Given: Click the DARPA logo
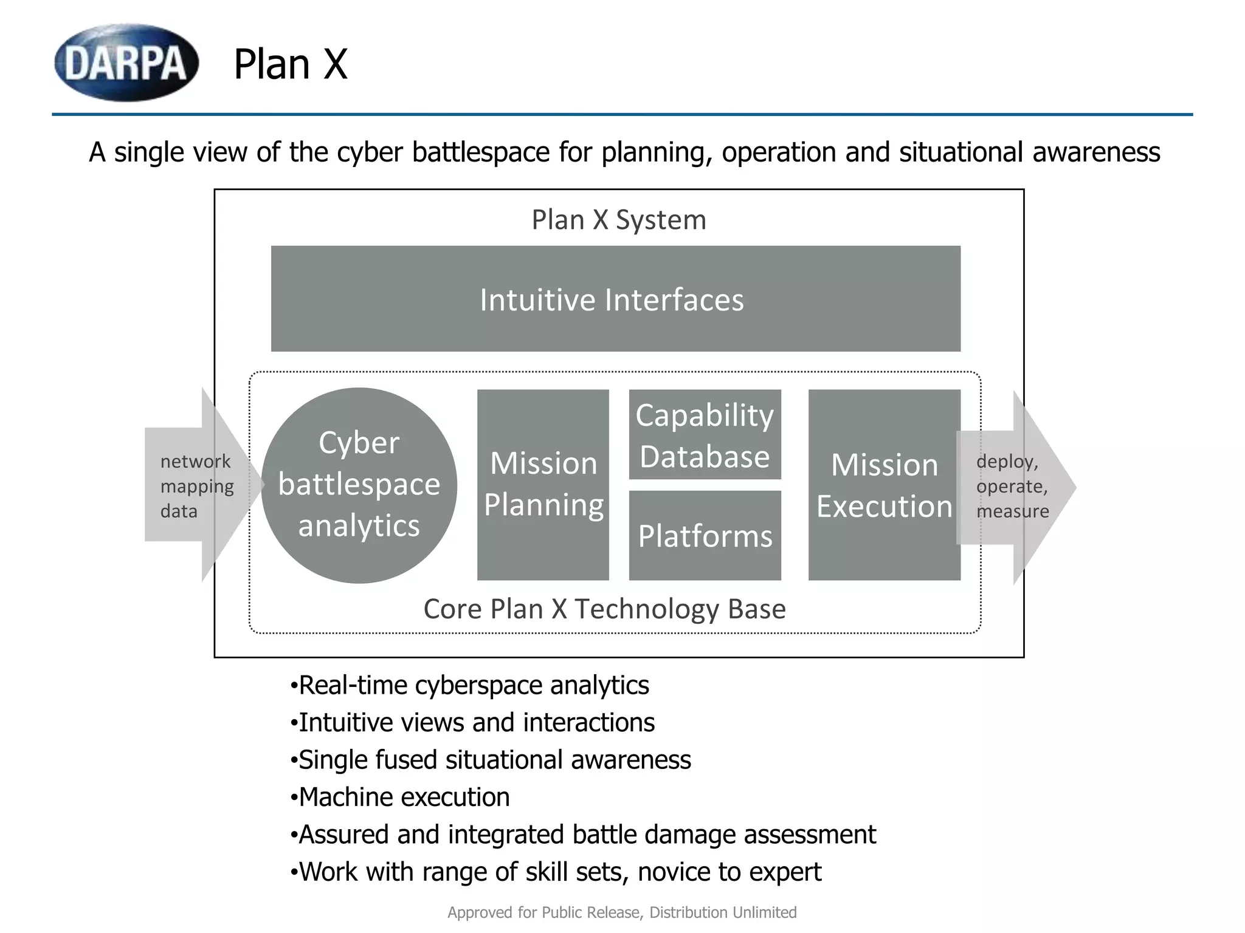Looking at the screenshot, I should pos(126,63).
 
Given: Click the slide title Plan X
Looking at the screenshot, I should pos(291,64).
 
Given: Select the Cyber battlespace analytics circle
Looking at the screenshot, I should pos(359,485).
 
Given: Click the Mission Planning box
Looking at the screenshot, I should pos(543,484).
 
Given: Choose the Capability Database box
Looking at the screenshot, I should pos(705,435).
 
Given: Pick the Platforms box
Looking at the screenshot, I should pos(705,536).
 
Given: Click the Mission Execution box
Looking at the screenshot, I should pos(884,485).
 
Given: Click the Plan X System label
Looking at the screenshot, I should pos(619,220).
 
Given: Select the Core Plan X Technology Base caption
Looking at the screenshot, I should pos(604,609).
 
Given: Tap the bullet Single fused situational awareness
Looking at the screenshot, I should pos(491,760).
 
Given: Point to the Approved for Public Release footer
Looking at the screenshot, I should pos(622,912).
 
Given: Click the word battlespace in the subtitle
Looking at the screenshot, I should pos(480,152).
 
